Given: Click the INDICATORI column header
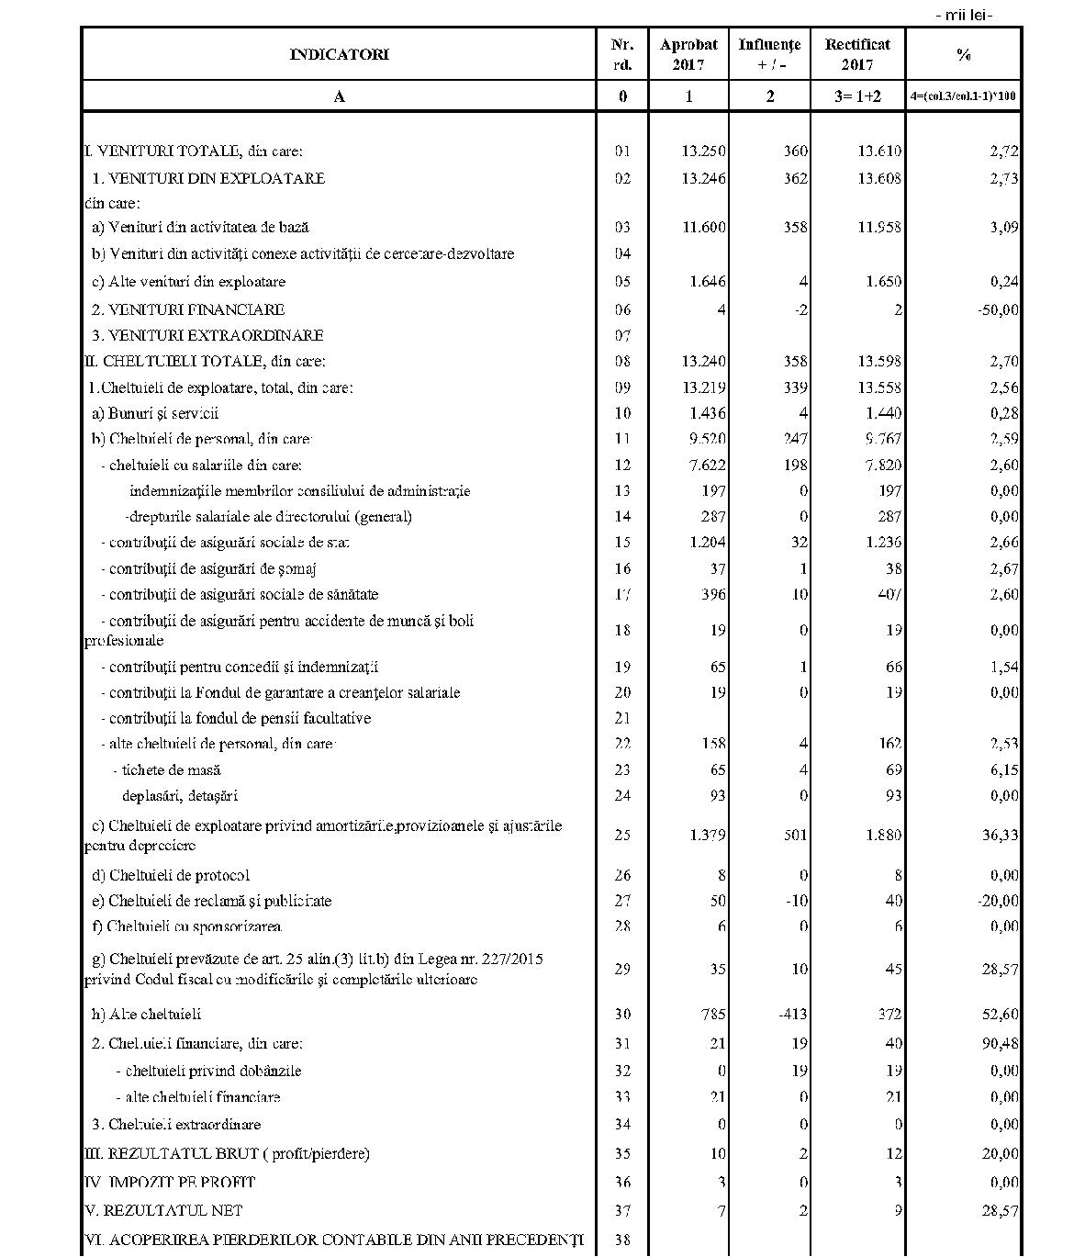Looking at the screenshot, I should [x=339, y=54].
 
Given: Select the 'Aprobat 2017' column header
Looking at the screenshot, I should [x=688, y=54].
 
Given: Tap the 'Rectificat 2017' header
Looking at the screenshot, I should [x=857, y=54].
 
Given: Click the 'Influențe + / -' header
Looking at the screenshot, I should [x=769, y=54].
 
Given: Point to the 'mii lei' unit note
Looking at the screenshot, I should [x=964, y=14].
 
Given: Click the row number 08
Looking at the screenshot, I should [x=622, y=362].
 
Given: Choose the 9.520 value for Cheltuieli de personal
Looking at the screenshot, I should [x=704, y=439].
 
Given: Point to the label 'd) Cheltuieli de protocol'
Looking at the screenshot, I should [x=170, y=875].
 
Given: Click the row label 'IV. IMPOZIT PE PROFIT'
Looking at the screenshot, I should [x=170, y=1182].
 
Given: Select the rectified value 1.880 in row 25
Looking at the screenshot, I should [x=879, y=836].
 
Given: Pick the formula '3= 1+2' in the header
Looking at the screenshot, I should [x=857, y=96].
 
